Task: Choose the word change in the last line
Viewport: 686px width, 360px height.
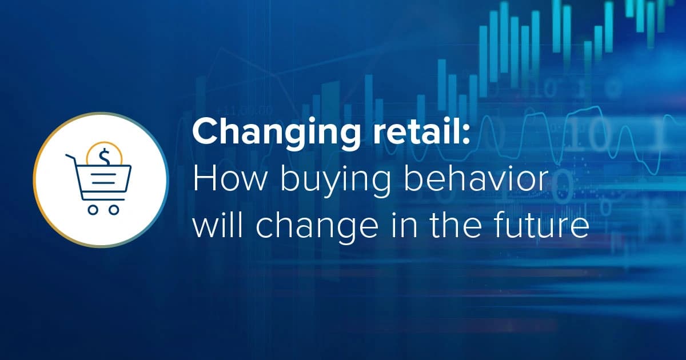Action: [317, 229]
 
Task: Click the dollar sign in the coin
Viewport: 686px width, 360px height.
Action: [105, 156]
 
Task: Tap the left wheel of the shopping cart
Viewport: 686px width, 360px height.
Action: [93, 210]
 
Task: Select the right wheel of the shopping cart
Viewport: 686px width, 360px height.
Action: [114, 210]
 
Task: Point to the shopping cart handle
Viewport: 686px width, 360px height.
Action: [70, 157]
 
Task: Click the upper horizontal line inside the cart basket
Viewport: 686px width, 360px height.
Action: [103, 174]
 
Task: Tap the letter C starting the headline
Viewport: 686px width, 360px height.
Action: [205, 131]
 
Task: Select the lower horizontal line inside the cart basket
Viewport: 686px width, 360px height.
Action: [103, 182]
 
